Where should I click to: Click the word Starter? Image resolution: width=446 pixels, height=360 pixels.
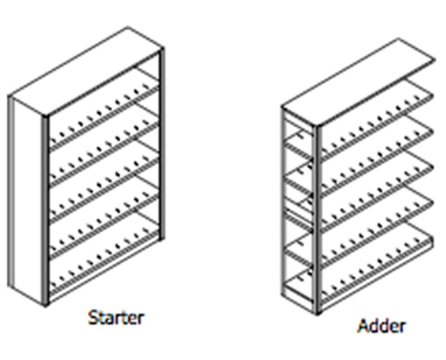(116, 317)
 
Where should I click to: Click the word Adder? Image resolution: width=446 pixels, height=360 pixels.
(382, 326)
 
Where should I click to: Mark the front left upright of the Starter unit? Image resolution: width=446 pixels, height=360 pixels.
(46, 206)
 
